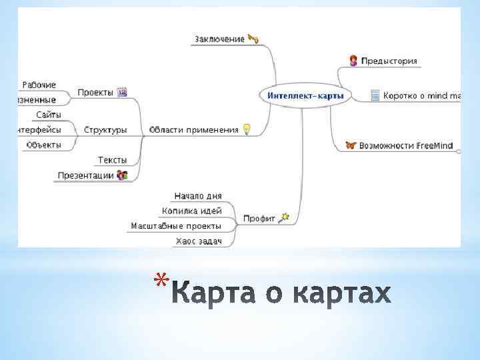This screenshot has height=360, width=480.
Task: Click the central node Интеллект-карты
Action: tap(305, 96)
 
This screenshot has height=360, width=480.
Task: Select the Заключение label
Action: tap(219, 39)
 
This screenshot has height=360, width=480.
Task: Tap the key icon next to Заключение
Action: tap(253, 39)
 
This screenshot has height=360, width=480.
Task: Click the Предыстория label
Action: tap(389, 61)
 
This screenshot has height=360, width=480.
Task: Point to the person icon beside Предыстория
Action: tap(353, 61)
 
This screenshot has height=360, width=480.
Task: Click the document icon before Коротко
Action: tap(375, 95)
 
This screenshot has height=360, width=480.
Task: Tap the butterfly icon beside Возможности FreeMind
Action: tap(351, 145)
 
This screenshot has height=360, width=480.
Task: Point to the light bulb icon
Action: tap(247, 129)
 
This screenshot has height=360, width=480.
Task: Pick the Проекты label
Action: tap(95, 93)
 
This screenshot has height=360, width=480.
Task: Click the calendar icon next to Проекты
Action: tap(122, 93)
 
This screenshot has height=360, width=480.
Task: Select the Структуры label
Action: tap(105, 130)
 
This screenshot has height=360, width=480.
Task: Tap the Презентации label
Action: tap(85, 175)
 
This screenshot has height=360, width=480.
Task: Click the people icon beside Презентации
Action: tap(122, 175)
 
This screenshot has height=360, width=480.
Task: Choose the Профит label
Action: tap(259, 218)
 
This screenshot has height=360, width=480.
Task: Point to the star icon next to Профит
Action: tap(284, 217)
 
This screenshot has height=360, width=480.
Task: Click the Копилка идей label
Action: tap(192, 211)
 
